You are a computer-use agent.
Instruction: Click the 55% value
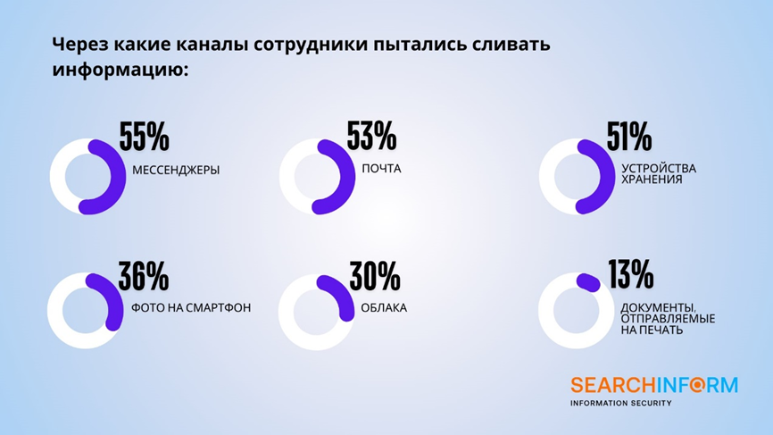pyautogui.click(x=144, y=137)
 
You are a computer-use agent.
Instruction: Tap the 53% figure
pyautogui.click(x=371, y=136)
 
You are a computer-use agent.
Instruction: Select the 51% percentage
pyautogui.click(x=629, y=137)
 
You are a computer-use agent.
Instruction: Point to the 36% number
pyautogui.click(x=144, y=276)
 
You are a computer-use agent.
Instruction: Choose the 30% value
pyautogui.click(x=375, y=276)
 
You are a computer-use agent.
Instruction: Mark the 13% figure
pyautogui.click(x=630, y=274)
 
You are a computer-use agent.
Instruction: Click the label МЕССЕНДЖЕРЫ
pyautogui.click(x=176, y=170)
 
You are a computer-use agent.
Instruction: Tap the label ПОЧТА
pyautogui.click(x=381, y=169)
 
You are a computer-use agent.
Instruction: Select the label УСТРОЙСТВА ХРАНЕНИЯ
pyautogui.click(x=659, y=173)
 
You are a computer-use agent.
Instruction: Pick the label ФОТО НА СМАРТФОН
pyautogui.click(x=191, y=308)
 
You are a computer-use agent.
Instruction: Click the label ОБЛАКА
pyautogui.click(x=384, y=308)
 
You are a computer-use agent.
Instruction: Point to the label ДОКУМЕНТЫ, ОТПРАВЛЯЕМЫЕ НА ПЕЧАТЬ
pyautogui.click(x=668, y=319)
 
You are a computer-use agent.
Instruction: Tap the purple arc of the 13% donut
pyautogui.click(x=588, y=282)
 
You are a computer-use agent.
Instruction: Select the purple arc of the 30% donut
pyautogui.click(x=341, y=293)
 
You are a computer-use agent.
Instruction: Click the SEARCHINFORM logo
pyautogui.click(x=654, y=385)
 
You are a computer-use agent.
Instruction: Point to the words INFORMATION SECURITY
pyautogui.click(x=621, y=403)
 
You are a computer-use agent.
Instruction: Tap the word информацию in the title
pyautogui.click(x=121, y=70)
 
